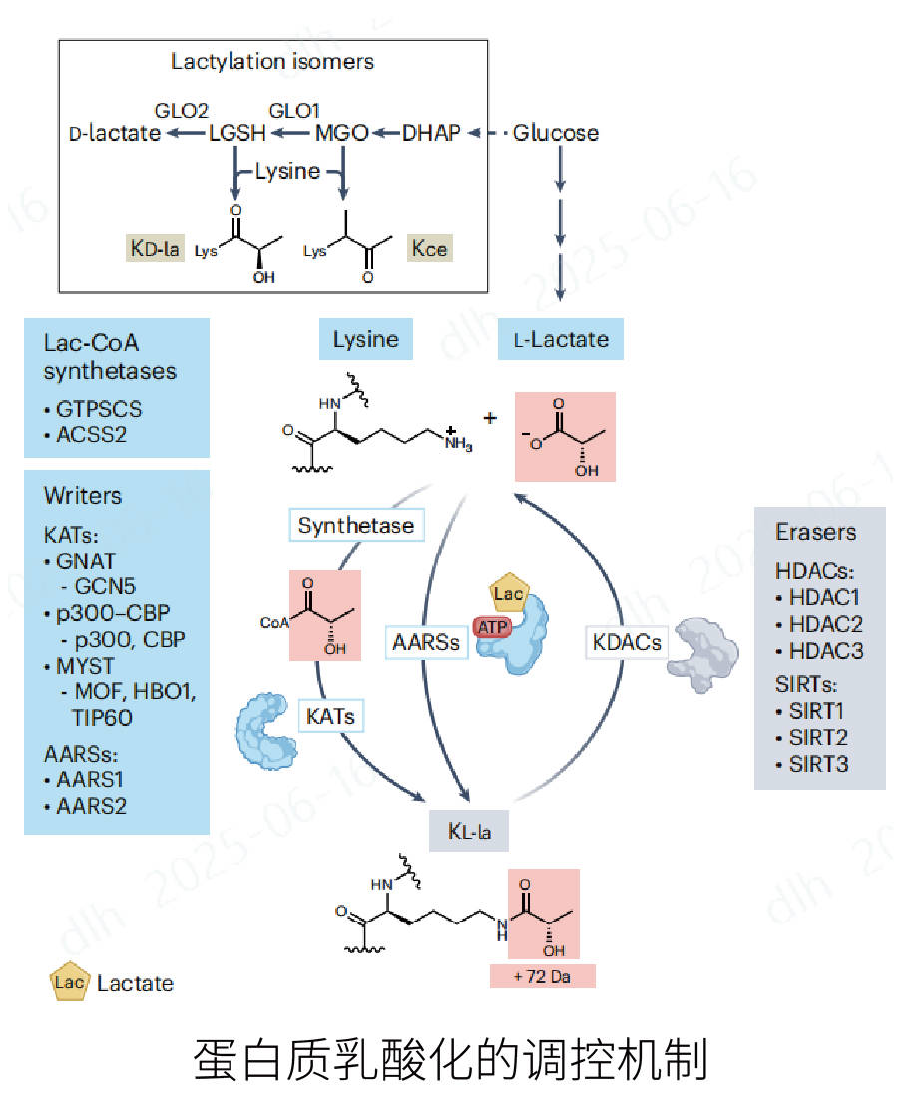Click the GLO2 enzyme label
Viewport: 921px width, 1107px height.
click(181, 108)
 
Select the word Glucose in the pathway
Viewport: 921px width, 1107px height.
click(556, 133)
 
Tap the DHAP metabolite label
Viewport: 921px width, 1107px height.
click(431, 133)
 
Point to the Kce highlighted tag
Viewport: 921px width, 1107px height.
click(430, 248)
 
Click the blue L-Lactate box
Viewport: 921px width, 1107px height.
click(561, 339)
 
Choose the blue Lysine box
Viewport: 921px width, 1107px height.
click(366, 339)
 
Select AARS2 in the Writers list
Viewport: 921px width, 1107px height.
click(91, 805)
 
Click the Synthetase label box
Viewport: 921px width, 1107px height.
click(355, 525)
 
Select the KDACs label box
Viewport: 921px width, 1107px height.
click(627, 642)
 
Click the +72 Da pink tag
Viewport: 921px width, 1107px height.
click(542, 976)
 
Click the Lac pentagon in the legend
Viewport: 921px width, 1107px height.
click(70, 983)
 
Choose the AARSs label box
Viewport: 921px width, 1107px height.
click(426, 642)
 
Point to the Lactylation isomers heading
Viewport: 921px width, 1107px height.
click(271, 62)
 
